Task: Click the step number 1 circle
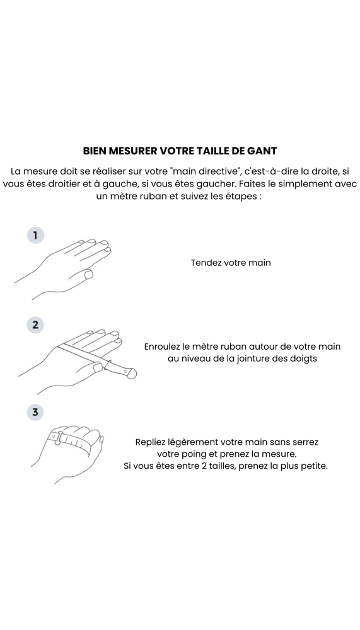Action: point(35,235)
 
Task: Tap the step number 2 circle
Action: point(35,325)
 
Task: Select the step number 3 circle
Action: point(35,413)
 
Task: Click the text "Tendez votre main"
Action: point(231,262)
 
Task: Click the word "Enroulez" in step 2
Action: point(165,346)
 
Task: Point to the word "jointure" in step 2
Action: point(250,358)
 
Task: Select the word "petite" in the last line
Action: point(312,466)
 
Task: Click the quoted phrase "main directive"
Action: point(206,171)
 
